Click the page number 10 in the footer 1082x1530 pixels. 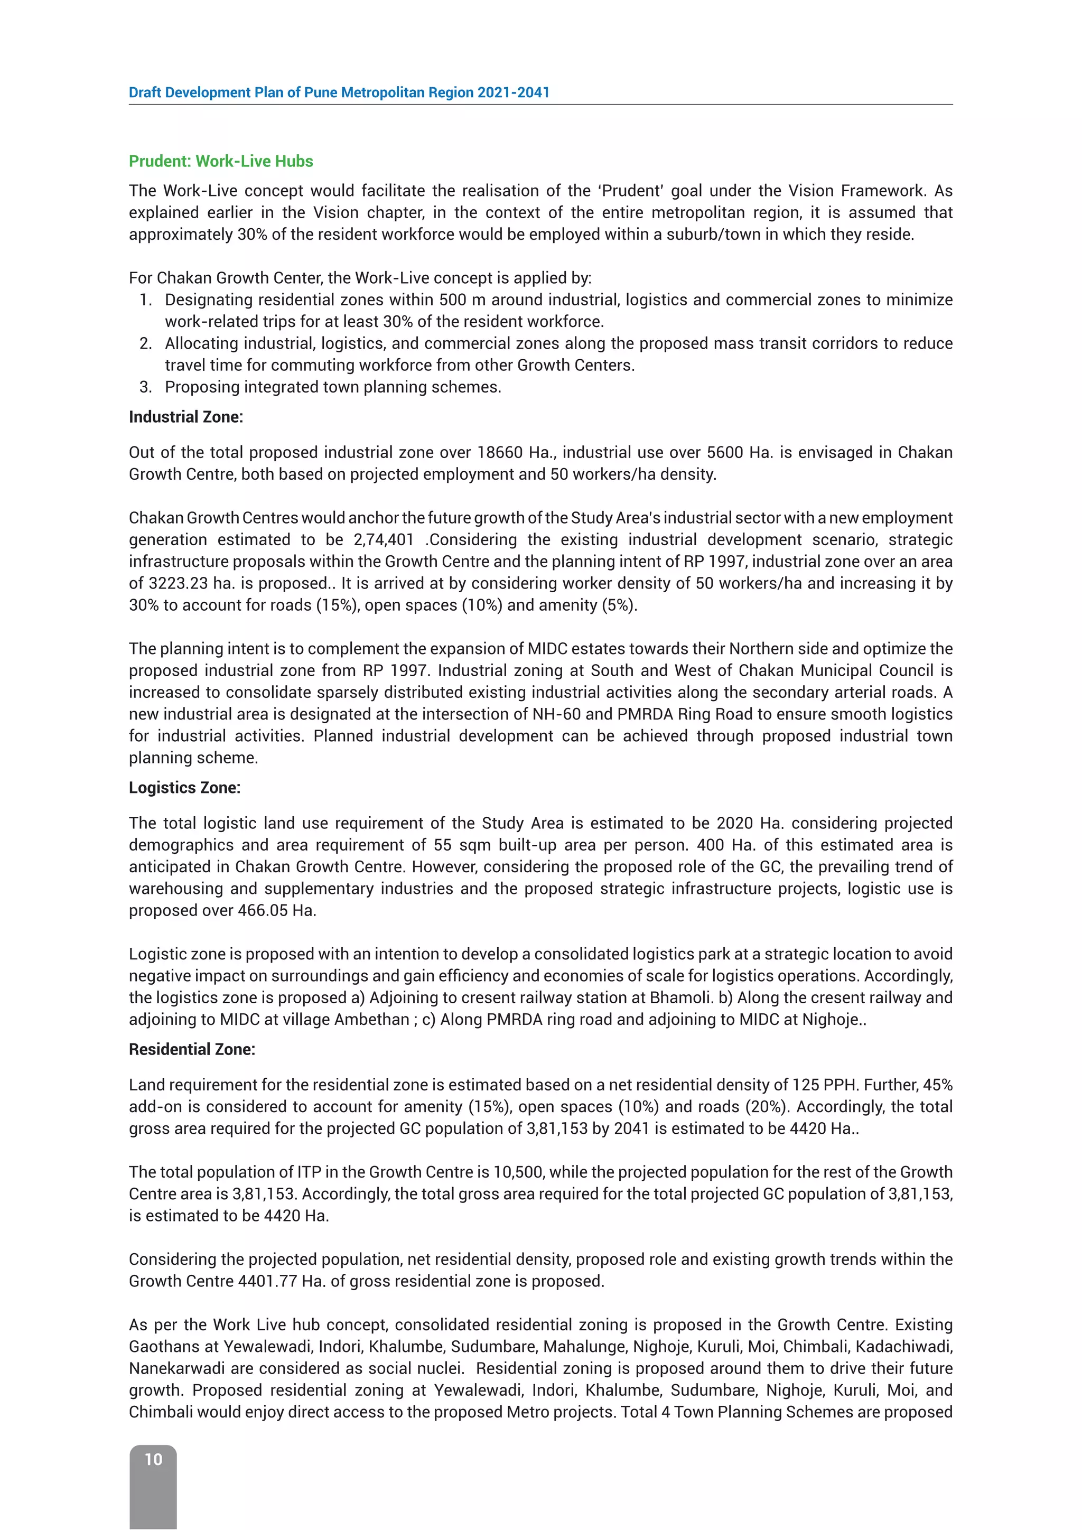pyautogui.click(x=153, y=1459)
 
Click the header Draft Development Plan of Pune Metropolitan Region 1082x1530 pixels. pyautogui.click(x=339, y=92)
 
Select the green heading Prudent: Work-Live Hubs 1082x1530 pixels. pyautogui.click(x=220, y=161)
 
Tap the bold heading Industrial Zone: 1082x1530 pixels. pyautogui.click(x=186, y=417)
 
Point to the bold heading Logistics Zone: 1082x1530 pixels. pyautogui.click(x=184, y=788)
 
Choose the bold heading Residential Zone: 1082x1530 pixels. pyautogui.click(x=192, y=1050)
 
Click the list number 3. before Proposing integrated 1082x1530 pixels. pyautogui.click(x=146, y=387)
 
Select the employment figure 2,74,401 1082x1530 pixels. pyautogui.click(x=384, y=540)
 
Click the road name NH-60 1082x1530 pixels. pyautogui.click(x=557, y=714)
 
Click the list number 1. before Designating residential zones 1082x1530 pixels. pyautogui.click(x=146, y=300)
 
